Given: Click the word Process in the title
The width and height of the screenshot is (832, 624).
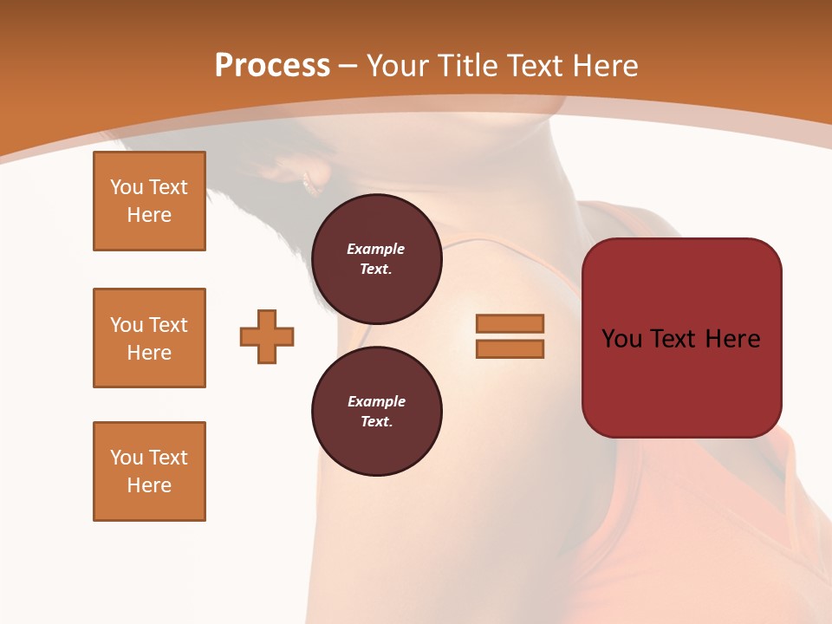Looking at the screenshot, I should (272, 66).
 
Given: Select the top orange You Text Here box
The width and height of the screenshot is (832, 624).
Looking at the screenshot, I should (149, 201).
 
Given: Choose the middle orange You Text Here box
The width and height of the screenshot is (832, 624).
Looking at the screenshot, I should (149, 338).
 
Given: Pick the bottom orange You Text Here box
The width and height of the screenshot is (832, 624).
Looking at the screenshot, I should (149, 471).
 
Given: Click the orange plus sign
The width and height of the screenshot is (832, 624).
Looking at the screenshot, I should (267, 336).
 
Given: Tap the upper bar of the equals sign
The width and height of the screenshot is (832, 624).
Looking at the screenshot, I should (510, 323).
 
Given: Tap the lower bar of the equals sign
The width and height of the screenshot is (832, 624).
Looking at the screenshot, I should (510, 349).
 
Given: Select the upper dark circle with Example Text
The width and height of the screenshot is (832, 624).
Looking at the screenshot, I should (377, 259).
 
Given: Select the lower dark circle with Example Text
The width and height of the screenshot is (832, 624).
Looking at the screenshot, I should (377, 412).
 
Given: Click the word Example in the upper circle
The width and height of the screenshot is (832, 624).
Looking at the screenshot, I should (376, 249).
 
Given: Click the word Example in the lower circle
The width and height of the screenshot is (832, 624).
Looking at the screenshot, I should (376, 401).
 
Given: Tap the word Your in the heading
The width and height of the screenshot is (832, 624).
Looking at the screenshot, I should (393, 66).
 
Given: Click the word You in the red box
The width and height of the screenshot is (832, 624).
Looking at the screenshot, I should (621, 339).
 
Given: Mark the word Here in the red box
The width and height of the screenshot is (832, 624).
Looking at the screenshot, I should (732, 339).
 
